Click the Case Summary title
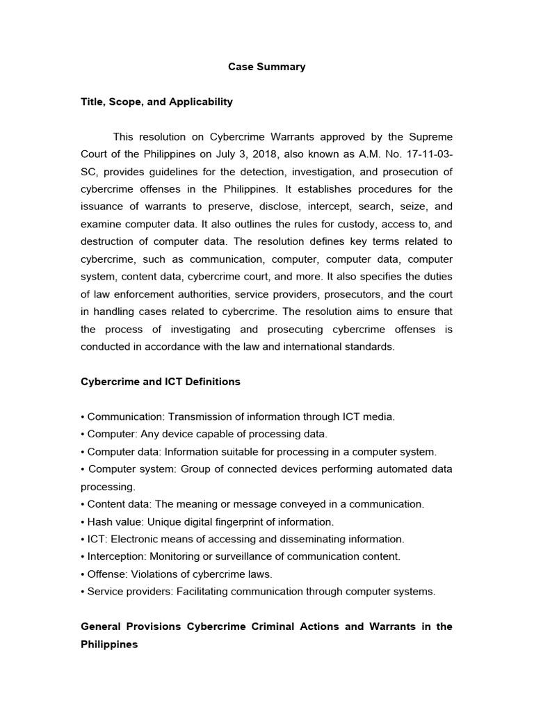tap(267, 67)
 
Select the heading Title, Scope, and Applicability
tap(156, 102)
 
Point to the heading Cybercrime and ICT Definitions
tap(161, 382)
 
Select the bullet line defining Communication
tap(238, 416)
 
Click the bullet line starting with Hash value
tap(207, 521)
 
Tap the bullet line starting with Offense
tap(177, 574)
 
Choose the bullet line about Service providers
tap(258, 592)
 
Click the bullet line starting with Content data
tap(252, 504)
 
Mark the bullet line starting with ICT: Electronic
tap(242, 539)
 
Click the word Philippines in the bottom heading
tap(109, 645)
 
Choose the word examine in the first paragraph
tap(102, 224)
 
